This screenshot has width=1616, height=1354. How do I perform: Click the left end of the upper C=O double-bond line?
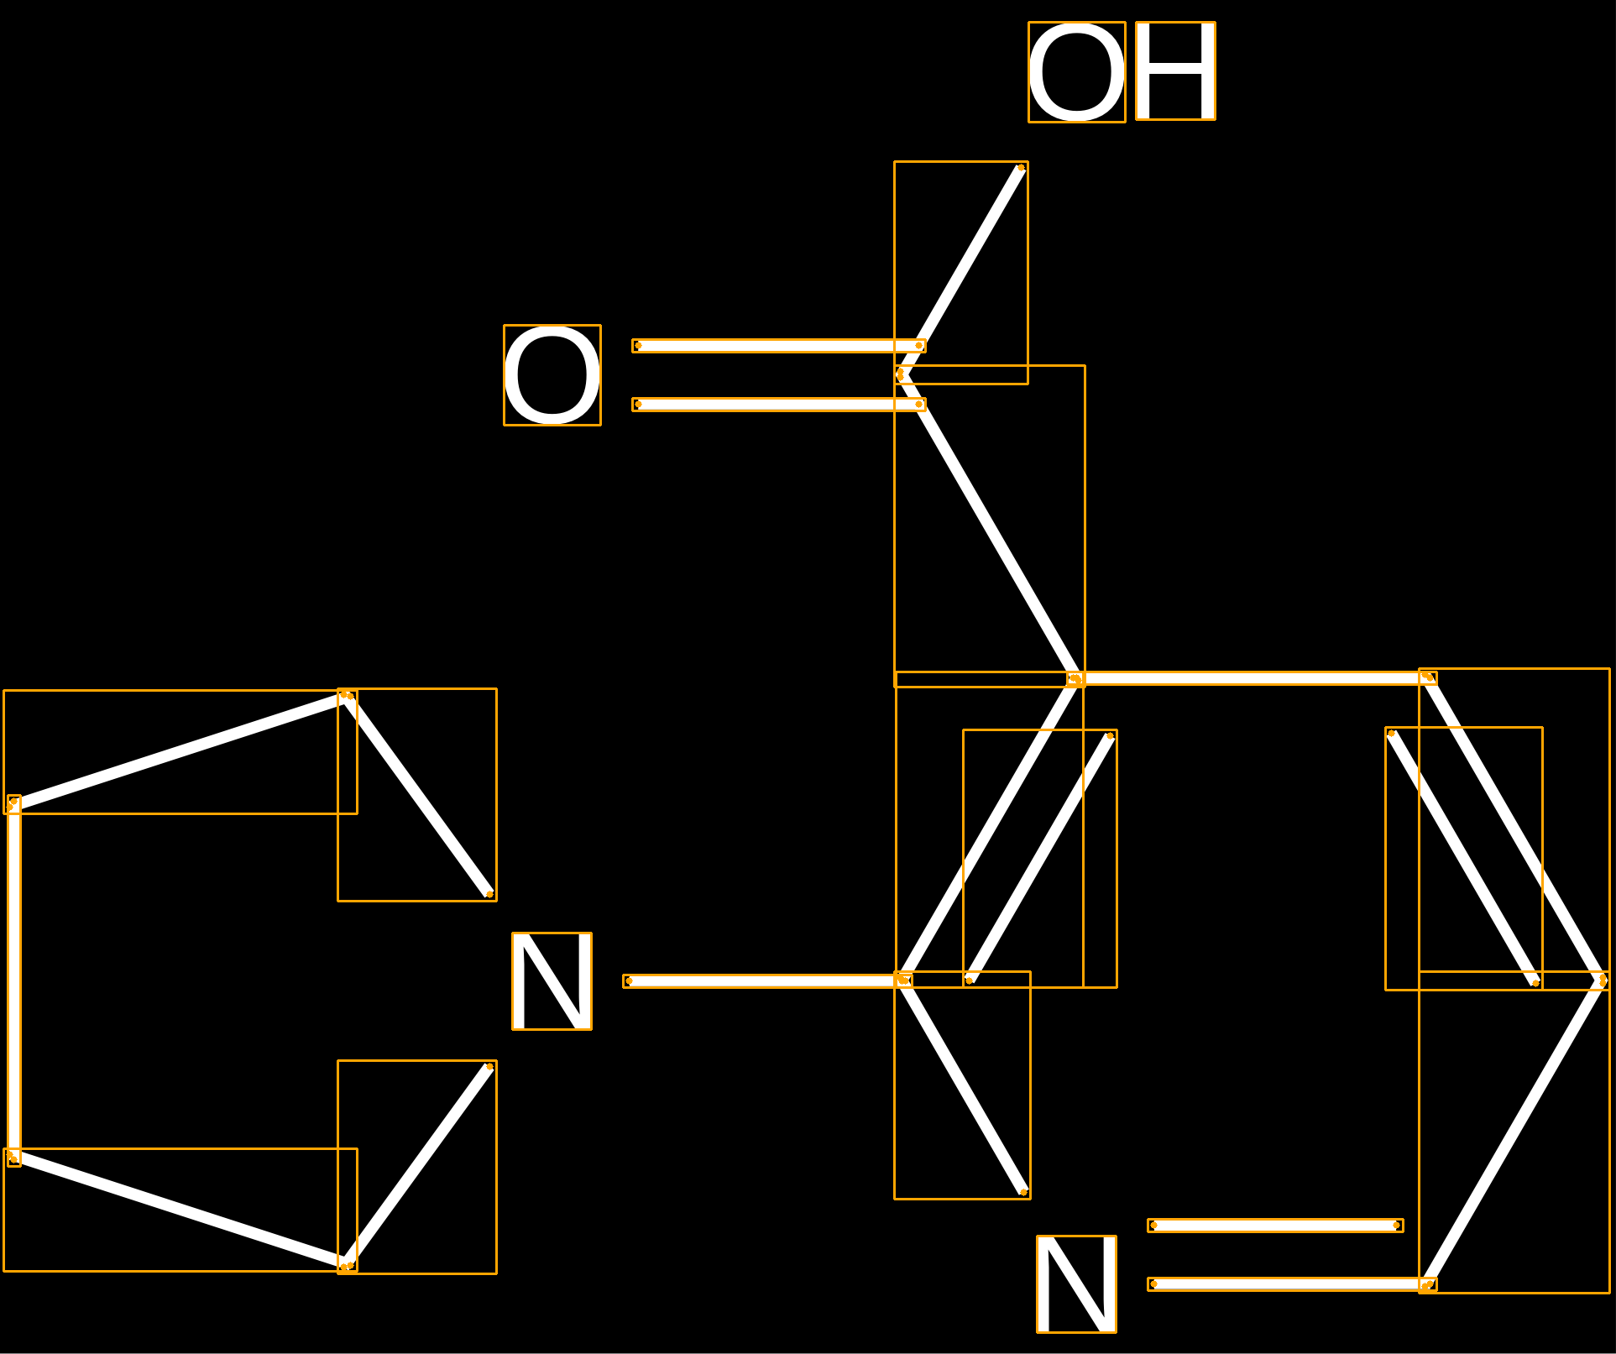637,345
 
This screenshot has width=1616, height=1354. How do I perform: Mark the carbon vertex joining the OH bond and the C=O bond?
901,374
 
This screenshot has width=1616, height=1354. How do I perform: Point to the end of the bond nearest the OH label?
1021,168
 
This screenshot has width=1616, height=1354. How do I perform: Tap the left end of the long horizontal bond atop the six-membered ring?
1075,678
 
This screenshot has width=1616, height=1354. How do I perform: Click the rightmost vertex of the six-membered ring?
1603,980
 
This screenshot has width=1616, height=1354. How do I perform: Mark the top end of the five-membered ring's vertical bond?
13,802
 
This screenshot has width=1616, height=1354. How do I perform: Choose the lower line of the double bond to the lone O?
779,405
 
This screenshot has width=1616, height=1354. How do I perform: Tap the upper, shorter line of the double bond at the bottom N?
1275,1226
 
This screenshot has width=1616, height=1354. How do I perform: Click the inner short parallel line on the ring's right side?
1463,858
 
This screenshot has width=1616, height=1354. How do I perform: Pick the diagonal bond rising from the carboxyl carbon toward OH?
961,271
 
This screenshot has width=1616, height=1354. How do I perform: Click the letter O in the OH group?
1077,72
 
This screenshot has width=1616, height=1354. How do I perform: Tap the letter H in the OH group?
1175,71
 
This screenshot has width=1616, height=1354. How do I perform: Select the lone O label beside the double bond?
552,375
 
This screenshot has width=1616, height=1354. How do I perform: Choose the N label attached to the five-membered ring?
552,981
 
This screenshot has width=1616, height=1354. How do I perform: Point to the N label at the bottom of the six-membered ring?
1076,1284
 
